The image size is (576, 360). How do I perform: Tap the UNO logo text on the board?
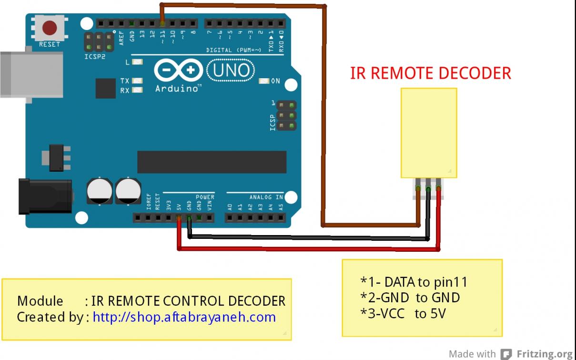(x=231, y=71)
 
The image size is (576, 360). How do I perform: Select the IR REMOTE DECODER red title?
(x=430, y=73)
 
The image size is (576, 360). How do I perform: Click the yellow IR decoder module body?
(x=429, y=133)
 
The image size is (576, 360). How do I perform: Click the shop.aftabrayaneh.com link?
(x=184, y=317)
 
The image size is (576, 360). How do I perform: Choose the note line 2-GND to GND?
(x=410, y=298)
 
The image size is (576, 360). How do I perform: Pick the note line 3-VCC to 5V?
(x=403, y=314)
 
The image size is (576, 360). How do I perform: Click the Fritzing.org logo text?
(x=545, y=354)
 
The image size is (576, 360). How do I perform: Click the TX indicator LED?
(x=138, y=81)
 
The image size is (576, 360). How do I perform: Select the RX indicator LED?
(x=138, y=90)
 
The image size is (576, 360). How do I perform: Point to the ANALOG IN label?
(x=266, y=197)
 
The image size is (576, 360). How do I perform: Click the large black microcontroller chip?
(x=212, y=162)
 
